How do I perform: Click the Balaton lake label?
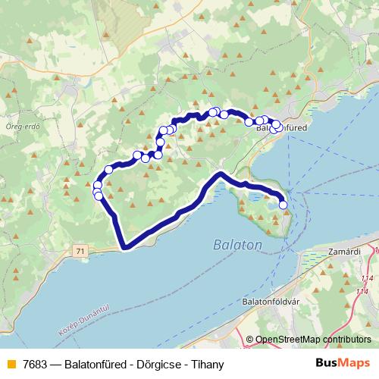click(237, 245)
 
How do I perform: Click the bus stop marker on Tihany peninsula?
click(283, 204)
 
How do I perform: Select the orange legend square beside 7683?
click(10, 363)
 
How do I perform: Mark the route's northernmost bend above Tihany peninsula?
click(220, 174)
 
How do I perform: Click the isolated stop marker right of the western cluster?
click(109, 169)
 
